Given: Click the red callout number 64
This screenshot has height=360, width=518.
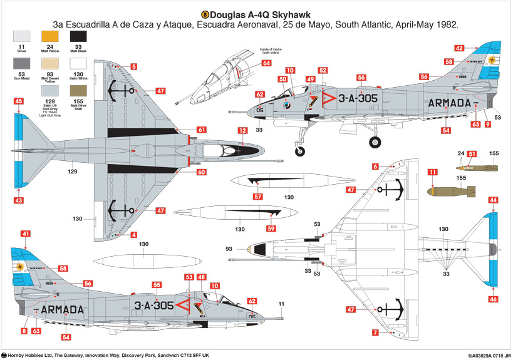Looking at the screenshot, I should click(266, 63).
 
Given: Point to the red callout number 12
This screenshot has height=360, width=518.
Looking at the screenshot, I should click(242, 131).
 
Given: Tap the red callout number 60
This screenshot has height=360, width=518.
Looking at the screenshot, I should click(201, 172).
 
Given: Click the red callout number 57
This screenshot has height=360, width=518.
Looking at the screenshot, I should click(257, 197).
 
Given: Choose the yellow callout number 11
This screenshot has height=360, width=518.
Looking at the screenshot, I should click(432, 172).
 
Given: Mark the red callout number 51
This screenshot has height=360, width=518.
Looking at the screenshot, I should click(472, 154).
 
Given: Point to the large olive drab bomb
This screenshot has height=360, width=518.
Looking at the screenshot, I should click(452, 191).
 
